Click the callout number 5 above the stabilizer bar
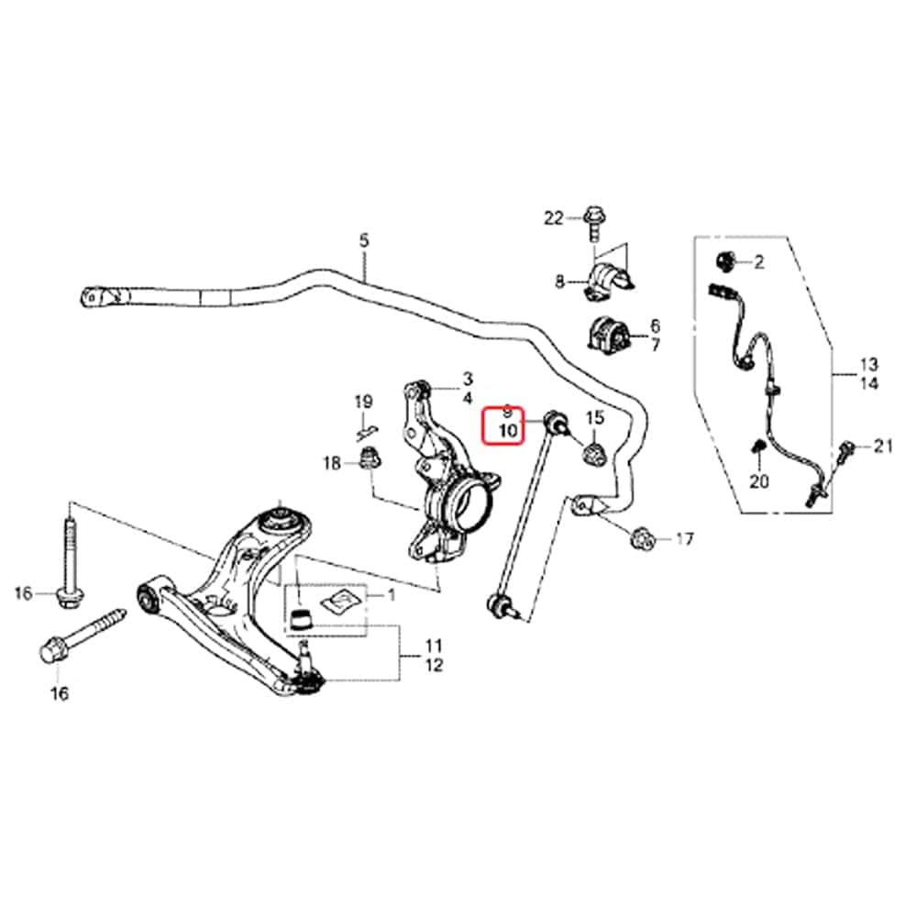pyautogui.click(x=364, y=240)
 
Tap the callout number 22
pyautogui.click(x=553, y=219)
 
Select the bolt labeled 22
pyautogui.click(x=593, y=223)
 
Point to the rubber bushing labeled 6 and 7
pyautogui.click(x=608, y=337)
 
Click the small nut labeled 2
pyautogui.click(x=725, y=260)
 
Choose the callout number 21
pyautogui.click(x=883, y=447)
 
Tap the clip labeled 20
pyautogui.click(x=759, y=447)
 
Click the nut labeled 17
pyautogui.click(x=642, y=538)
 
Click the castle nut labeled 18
pyautogui.click(x=369, y=458)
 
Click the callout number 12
pyautogui.click(x=434, y=665)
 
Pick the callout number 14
pyautogui.click(x=869, y=383)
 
